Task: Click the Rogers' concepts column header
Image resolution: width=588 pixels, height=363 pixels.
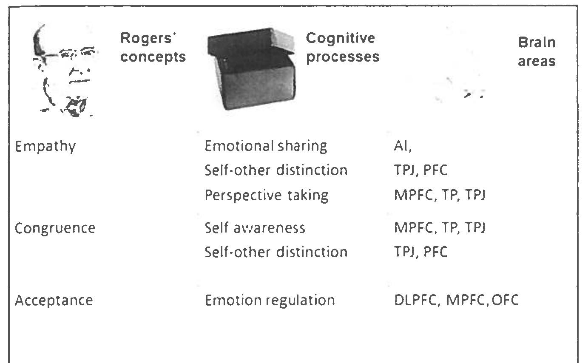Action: point(153,47)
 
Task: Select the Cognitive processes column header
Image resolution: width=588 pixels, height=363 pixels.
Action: point(342,47)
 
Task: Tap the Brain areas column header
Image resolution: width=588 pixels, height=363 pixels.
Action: point(537,51)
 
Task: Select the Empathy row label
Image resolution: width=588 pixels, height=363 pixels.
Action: point(45,147)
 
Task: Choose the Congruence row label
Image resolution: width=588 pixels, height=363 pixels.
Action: point(55,228)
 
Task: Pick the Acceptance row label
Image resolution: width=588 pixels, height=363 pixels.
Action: point(54,301)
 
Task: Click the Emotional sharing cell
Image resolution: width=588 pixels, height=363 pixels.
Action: point(266,146)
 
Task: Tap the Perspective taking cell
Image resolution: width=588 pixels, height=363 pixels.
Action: point(266,195)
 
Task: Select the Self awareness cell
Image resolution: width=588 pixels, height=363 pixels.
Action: point(255,228)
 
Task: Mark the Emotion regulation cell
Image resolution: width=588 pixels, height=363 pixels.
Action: point(270,301)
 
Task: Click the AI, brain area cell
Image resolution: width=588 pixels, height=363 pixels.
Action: point(403,146)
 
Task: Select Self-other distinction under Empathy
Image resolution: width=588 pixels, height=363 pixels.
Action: point(276,170)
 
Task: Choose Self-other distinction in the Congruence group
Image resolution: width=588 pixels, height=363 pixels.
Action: point(276,252)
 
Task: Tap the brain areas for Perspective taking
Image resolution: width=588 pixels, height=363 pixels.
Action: point(440,195)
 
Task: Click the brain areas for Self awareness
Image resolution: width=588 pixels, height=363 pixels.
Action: point(440,228)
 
